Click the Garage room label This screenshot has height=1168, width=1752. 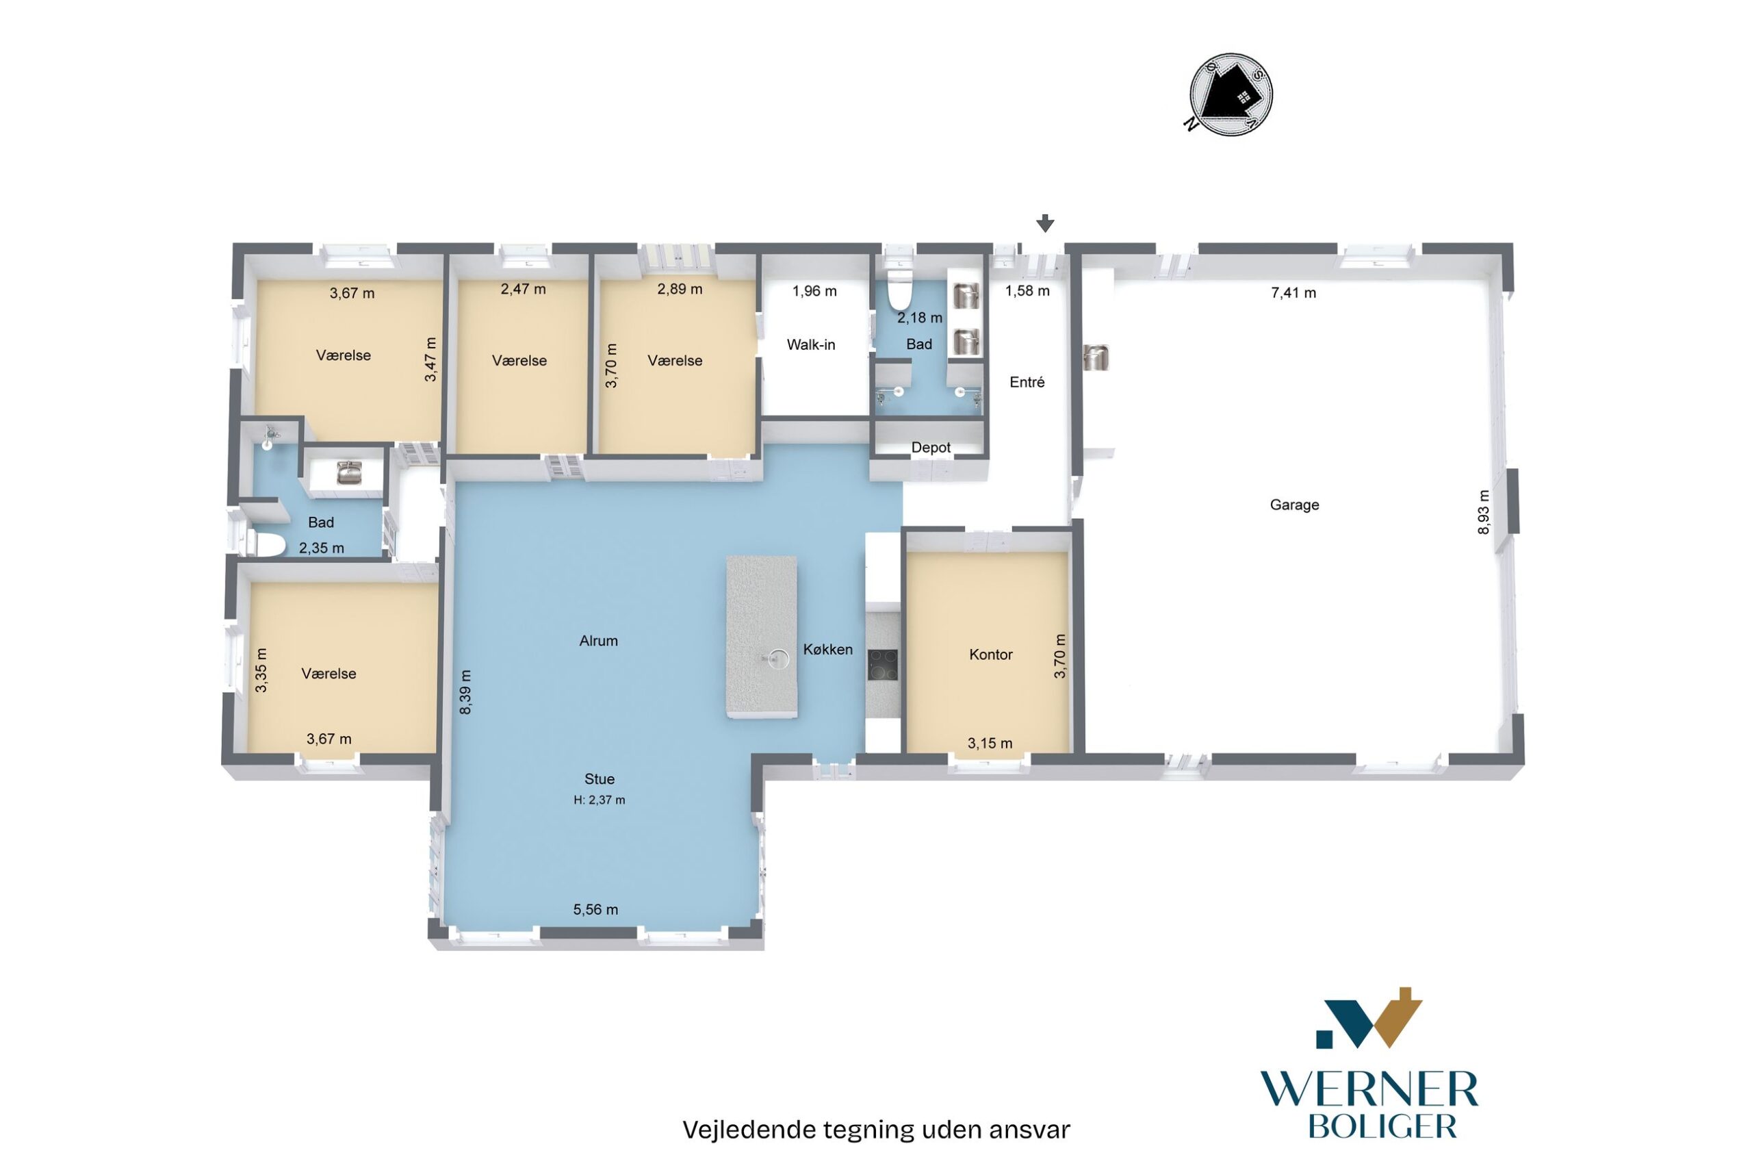(x=1294, y=505)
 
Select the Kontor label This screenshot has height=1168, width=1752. (x=990, y=654)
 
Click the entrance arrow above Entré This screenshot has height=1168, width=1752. (x=1046, y=223)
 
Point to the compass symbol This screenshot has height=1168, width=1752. (x=1230, y=94)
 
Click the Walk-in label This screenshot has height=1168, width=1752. (x=811, y=344)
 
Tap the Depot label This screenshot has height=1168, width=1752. (x=931, y=447)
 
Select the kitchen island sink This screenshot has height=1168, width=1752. (x=778, y=657)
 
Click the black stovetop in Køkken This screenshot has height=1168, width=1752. (x=882, y=665)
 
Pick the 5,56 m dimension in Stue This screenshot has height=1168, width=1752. (x=595, y=909)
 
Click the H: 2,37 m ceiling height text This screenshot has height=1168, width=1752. (x=599, y=800)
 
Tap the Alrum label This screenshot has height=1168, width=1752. (x=598, y=640)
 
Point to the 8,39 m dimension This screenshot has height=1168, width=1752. (x=465, y=692)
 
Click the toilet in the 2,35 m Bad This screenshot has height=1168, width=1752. (x=266, y=545)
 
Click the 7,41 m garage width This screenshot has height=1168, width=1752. (x=1293, y=293)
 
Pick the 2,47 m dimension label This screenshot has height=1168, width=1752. (x=523, y=288)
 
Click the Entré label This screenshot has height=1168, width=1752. (x=1027, y=381)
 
